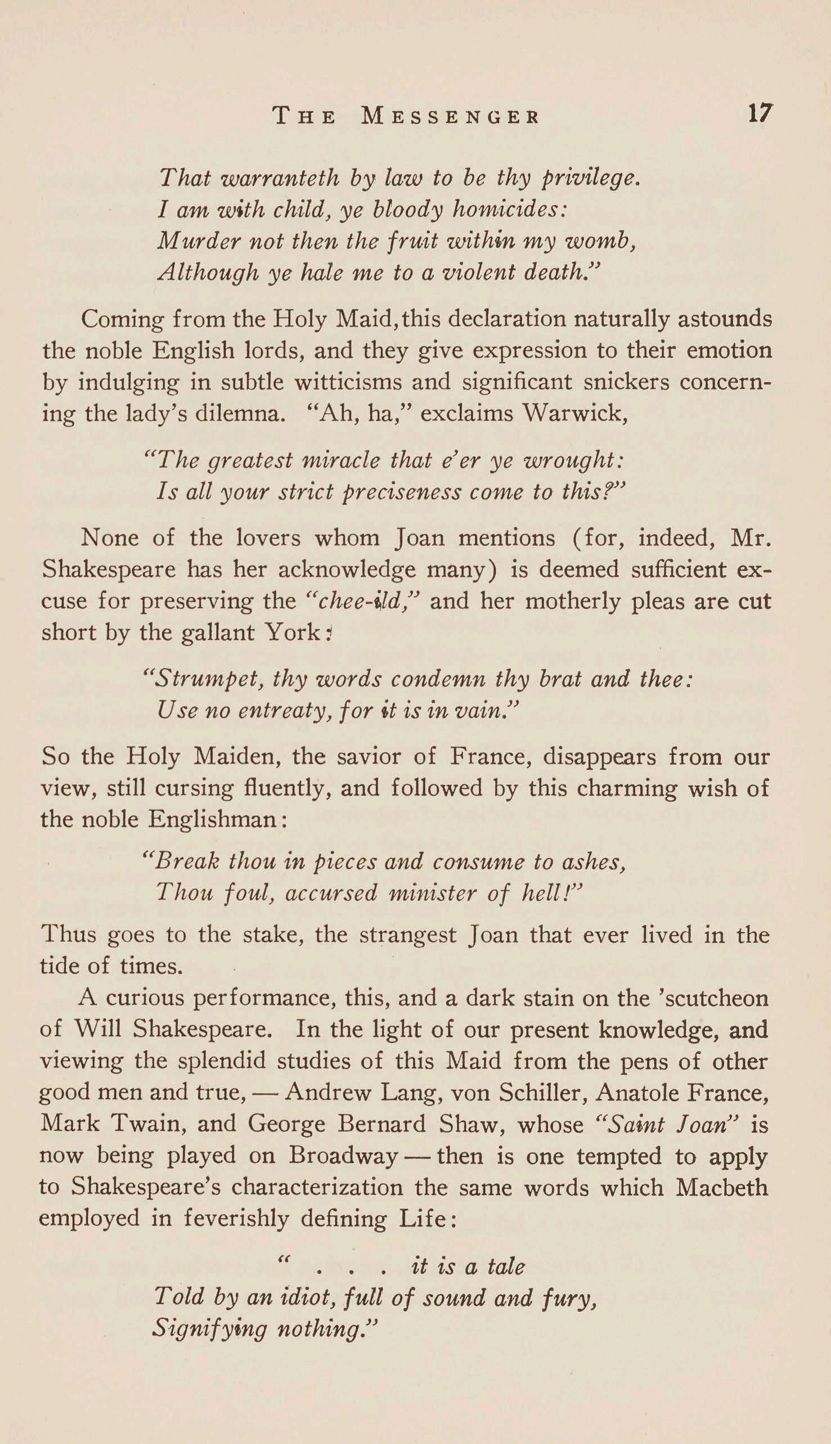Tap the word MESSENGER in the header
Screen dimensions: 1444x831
450,116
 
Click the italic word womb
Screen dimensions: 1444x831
609,242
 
